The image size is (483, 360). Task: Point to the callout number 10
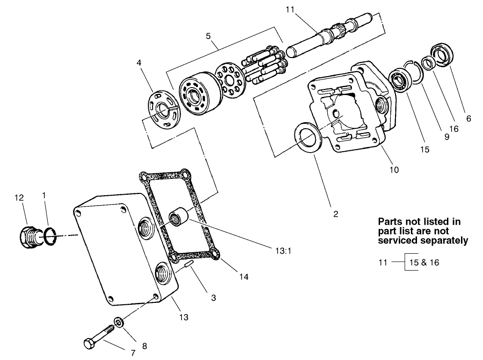pyautogui.click(x=394, y=170)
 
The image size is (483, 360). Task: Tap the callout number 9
pyautogui.click(x=446, y=137)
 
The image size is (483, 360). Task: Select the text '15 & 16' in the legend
pyautogui.click(x=424, y=262)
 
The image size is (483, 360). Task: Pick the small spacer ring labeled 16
pyautogui.click(x=428, y=63)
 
